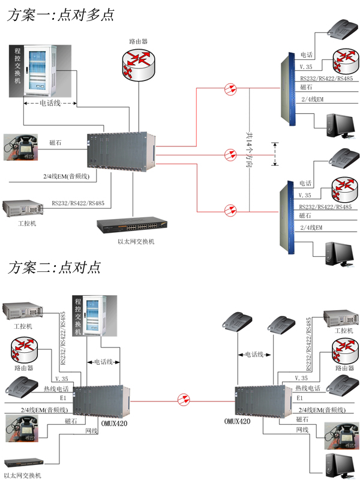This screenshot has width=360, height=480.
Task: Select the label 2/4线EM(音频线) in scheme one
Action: tap(66, 176)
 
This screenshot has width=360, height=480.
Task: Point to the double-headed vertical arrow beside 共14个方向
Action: tap(275, 154)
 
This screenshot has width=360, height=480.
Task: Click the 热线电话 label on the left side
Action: tap(66, 389)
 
